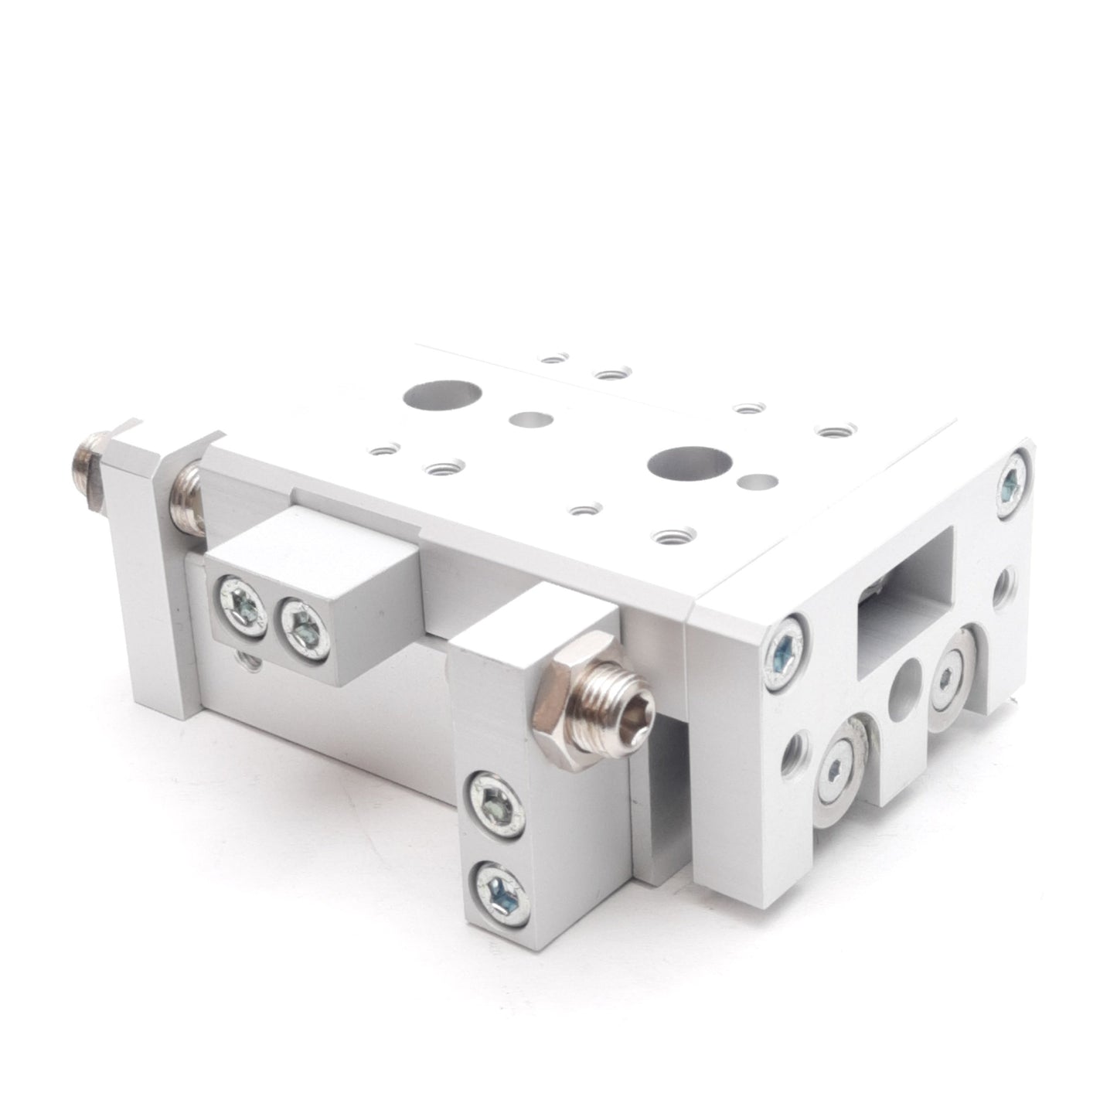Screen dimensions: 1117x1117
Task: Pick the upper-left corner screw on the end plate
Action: point(787,647)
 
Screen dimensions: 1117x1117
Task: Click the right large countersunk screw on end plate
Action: point(949,676)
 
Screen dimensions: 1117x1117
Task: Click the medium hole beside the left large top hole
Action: point(531,420)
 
